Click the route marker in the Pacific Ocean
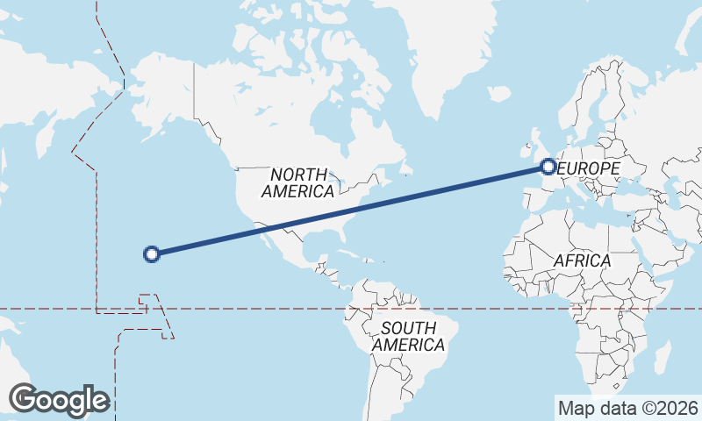pos(151,254)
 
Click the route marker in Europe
pos(548,166)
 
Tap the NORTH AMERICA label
pos(297,182)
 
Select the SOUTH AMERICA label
pos(408,337)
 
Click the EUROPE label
pos(589,168)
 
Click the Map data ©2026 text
pos(627,408)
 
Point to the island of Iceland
pos(498,93)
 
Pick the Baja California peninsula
pos(263,230)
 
